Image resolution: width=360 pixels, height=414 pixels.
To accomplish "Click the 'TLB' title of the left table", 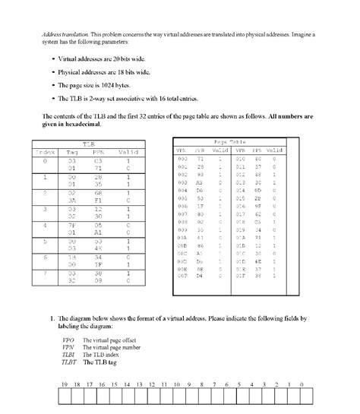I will pyautogui.click(x=88, y=143).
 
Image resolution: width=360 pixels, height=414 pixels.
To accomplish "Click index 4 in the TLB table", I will pyautogui.click(x=46, y=225).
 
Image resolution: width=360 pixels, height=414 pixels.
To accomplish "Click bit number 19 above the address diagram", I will pyautogui.click(x=64, y=384).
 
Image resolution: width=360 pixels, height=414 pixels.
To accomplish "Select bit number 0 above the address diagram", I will pyautogui.click(x=302, y=384).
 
